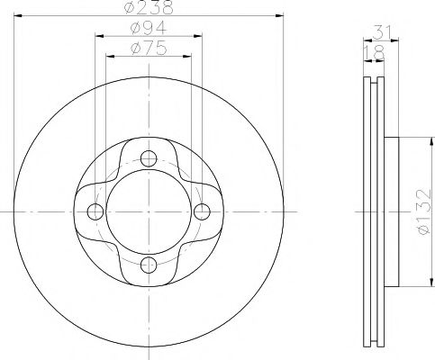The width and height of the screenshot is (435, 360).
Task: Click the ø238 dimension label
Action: pos(149,8)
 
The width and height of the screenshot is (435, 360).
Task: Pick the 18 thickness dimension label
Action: pos(371,53)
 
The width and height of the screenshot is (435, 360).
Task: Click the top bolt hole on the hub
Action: pos(149,158)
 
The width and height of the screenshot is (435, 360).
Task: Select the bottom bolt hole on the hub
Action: pos(149,265)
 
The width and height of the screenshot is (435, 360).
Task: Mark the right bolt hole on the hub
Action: pos(202,211)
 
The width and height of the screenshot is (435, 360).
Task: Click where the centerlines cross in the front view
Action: pos(149,211)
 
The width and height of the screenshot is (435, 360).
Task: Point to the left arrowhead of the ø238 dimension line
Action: pos(19,19)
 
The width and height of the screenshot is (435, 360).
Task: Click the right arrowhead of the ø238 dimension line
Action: pos(279,19)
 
